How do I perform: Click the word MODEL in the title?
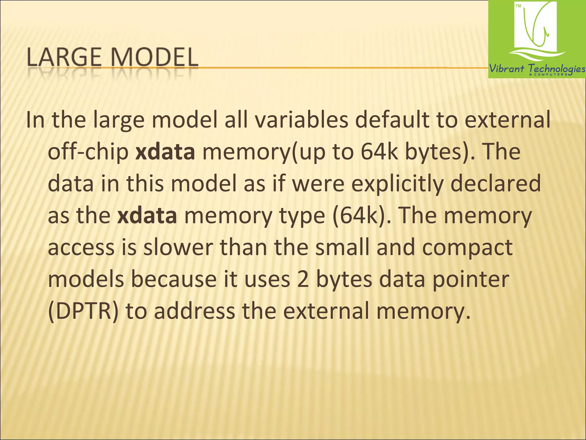point(155,57)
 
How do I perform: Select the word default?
point(392,120)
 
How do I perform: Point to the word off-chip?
point(88,152)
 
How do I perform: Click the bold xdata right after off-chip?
point(165,152)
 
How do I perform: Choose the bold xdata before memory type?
point(147,216)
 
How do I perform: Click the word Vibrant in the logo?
point(507,69)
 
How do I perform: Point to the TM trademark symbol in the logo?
point(518,6)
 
